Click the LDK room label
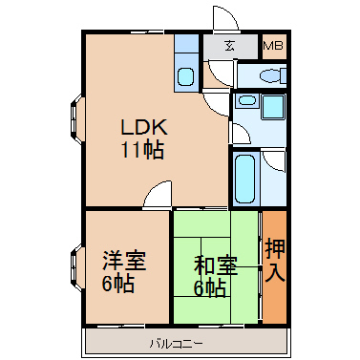pos(144,127)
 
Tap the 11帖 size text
pos(142,149)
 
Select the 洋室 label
pos(124,261)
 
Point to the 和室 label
pos(216,266)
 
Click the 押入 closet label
pos(275,260)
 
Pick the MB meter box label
pos(273,46)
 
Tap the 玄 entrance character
pos(229,46)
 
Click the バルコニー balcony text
pos(177,344)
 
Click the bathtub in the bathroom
pos(244,179)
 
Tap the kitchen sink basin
pos(186,76)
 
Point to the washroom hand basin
pos(247,101)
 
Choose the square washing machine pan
pos(272,107)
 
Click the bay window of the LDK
pos(77,118)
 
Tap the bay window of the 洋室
pos(77,267)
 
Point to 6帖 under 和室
pos(210,288)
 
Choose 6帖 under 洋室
pos(118,284)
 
